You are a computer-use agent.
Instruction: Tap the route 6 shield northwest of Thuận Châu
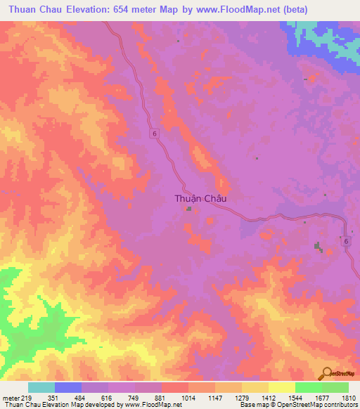[x=153, y=133]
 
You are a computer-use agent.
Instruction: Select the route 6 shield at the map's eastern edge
[x=346, y=241]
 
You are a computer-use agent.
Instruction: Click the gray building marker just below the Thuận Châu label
[x=189, y=208]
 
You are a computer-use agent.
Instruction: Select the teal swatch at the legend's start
[x=41, y=387]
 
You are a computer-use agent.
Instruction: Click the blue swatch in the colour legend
[x=68, y=387]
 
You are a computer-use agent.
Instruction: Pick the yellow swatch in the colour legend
[x=281, y=387]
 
